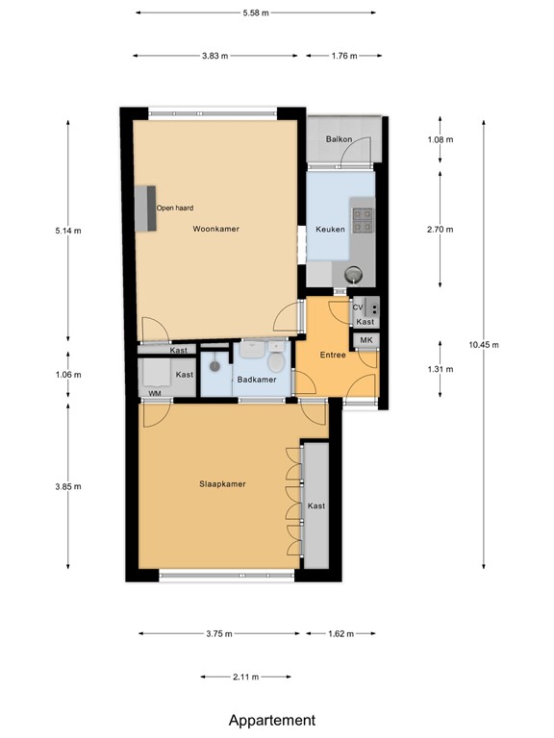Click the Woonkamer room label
coord(215,230)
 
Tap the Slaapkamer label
coord(222,484)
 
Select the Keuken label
coord(330,230)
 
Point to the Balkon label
coord(339,139)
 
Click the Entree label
coord(333,355)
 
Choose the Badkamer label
coord(257,380)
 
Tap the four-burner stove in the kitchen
coord(363,221)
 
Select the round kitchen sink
coord(353,273)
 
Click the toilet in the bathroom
coord(276,359)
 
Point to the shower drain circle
coord(214,366)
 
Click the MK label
coord(366,340)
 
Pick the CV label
coord(358,307)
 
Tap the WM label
coord(155,393)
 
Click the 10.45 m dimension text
coord(484,345)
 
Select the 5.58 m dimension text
coord(256,13)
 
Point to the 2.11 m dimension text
coord(246,677)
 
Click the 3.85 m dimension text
coord(68,486)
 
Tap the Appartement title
coord(272,721)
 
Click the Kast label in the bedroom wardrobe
coord(316,506)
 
